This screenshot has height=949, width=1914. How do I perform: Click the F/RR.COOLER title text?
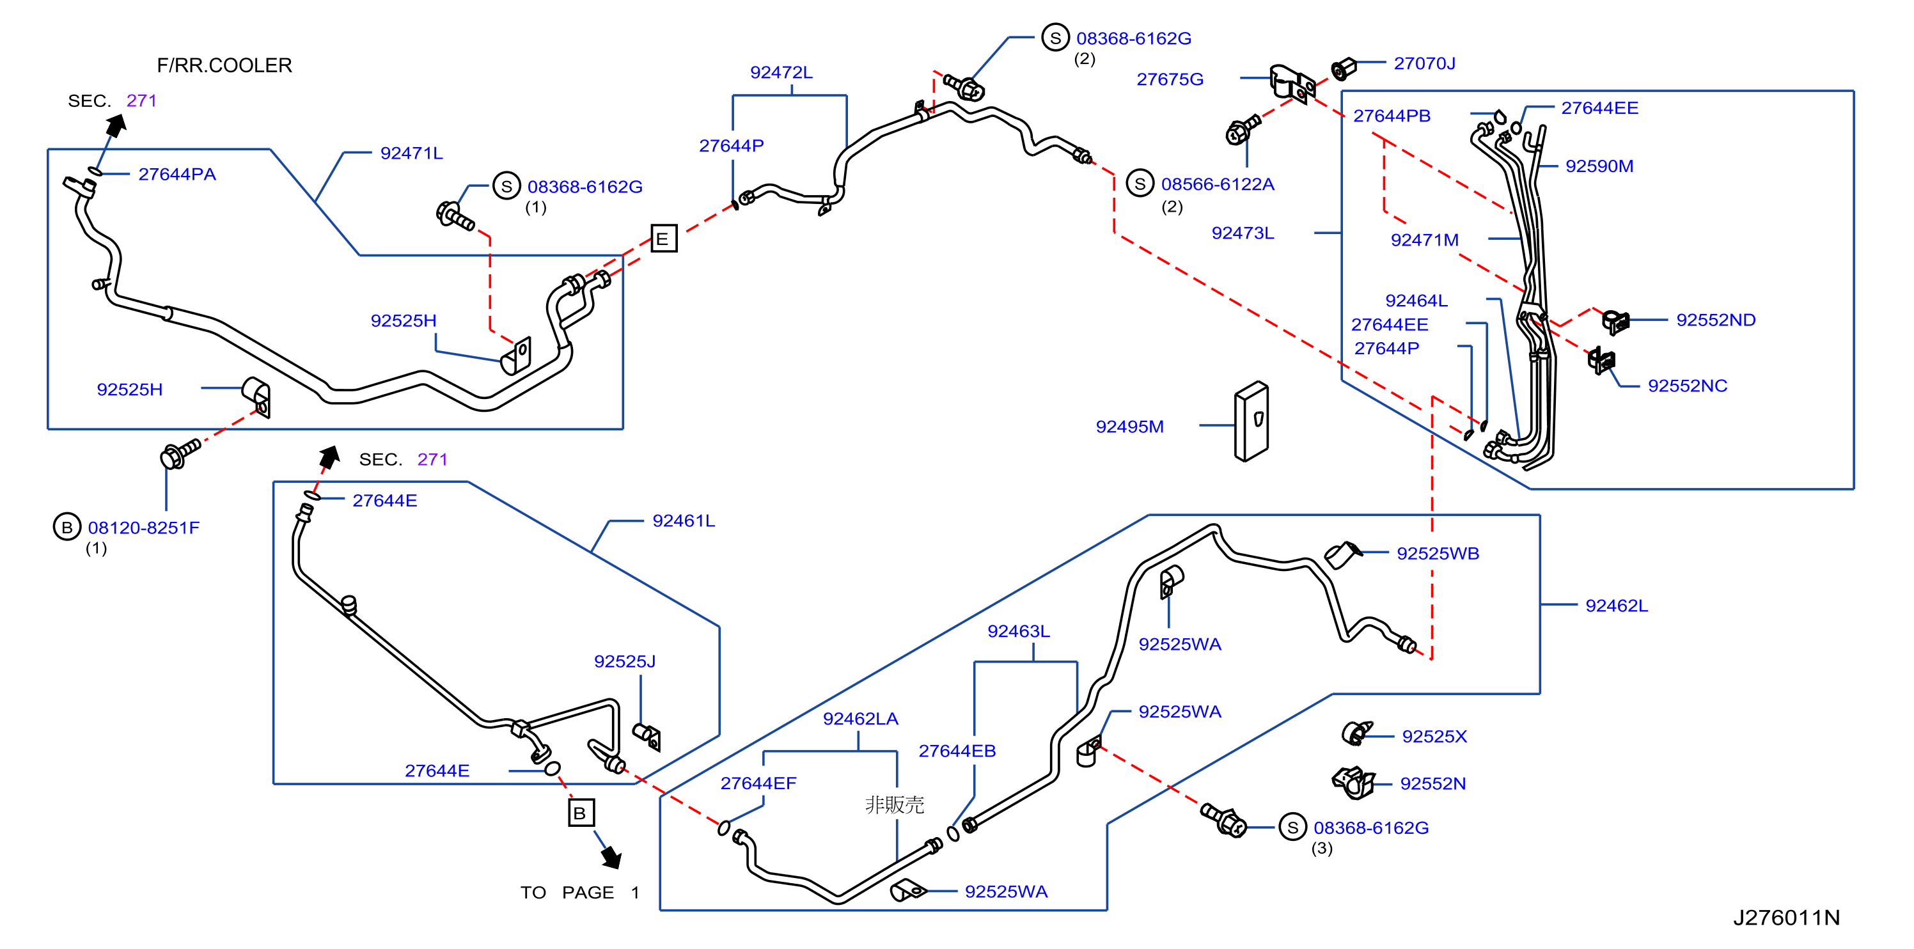click(x=224, y=65)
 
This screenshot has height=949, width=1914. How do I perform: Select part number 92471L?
click(x=412, y=153)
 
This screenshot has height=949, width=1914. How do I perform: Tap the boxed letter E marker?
click(x=664, y=239)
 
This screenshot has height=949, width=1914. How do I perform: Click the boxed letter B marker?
click(x=580, y=812)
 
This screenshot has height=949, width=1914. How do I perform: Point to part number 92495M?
click(x=1129, y=427)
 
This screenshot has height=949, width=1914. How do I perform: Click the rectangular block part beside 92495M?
click(x=1251, y=421)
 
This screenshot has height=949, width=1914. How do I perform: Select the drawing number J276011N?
click(x=1786, y=918)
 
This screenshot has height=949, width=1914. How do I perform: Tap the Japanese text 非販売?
click(x=895, y=805)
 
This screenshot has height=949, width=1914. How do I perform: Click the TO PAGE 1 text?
click(x=579, y=892)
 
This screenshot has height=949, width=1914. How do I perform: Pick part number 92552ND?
click(x=1716, y=320)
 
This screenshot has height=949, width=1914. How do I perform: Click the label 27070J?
click(x=1424, y=64)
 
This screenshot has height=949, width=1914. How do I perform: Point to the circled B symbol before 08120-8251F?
click(x=67, y=527)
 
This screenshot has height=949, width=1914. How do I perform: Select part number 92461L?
click(x=684, y=521)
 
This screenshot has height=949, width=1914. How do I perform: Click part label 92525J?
click(x=625, y=661)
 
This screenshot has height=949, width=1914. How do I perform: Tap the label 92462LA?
click(x=860, y=719)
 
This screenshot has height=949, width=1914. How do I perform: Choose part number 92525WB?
click(x=1438, y=554)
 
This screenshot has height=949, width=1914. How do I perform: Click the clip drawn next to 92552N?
click(x=1353, y=783)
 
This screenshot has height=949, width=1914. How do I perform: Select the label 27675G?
click(x=1170, y=79)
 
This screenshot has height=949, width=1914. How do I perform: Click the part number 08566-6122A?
click(x=1218, y=184)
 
